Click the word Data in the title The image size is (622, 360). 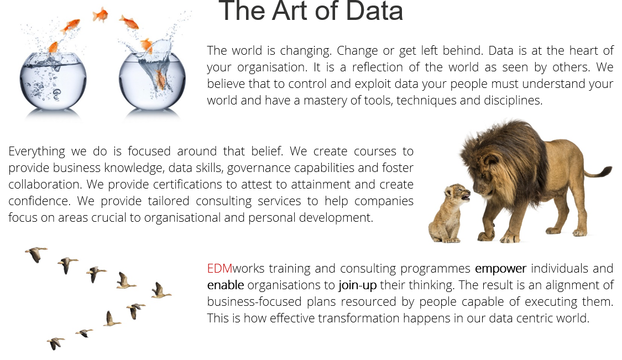(374, 11)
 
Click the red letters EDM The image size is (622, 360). (219, 269)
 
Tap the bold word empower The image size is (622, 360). (500, 269)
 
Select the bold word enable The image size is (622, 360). (226, 285)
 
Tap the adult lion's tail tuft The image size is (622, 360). (603, 171)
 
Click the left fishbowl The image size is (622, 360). (53, 81)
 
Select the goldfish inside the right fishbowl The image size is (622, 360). (161, 80)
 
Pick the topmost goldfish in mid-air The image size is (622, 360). (101, 15)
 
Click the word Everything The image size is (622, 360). (36, 152)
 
